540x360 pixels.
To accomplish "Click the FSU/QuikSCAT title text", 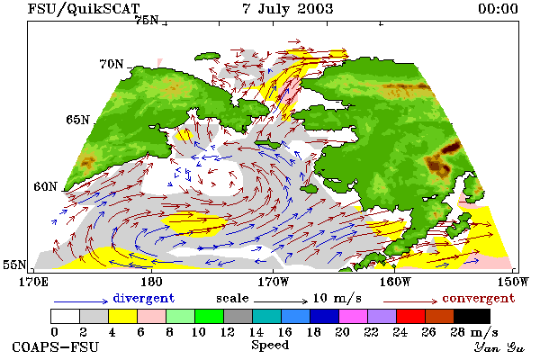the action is click(x=84, y=9).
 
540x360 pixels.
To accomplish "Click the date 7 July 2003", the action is click(x=288, y=9).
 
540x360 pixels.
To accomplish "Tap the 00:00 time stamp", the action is click(x=498, y=9).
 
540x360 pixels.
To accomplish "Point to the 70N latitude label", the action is click(x=112, y=64).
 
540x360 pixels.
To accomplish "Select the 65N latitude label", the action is click(x=77, y=120).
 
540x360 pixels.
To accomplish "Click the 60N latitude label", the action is click(x=45, y=186).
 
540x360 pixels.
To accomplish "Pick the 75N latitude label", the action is click(x=146, y=21).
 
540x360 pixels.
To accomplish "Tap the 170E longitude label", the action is click(x=34, y=282).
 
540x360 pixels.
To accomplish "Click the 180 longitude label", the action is click(x=151, y=282).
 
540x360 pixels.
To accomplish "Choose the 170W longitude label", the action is click(x=273, y=282).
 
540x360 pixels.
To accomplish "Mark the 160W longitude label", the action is click(x=395, y=282).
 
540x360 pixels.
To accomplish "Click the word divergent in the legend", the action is click(x=144, y=298).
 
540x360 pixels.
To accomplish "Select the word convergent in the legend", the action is click(x=479, y=298).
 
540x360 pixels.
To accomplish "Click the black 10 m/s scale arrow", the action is click(x=280, y=301).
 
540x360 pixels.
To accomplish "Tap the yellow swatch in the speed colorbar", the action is click(x=123, y=316).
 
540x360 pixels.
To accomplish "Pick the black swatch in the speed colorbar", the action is click(x=472, y=316).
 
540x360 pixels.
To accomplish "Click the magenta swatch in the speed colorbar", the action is click(x=354, y=316).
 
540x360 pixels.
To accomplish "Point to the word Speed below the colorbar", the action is click(x=270, y=346).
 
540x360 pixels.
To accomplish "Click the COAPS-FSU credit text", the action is click(x=56, y=346).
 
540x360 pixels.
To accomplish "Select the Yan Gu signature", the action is click(x=499, y=347).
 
